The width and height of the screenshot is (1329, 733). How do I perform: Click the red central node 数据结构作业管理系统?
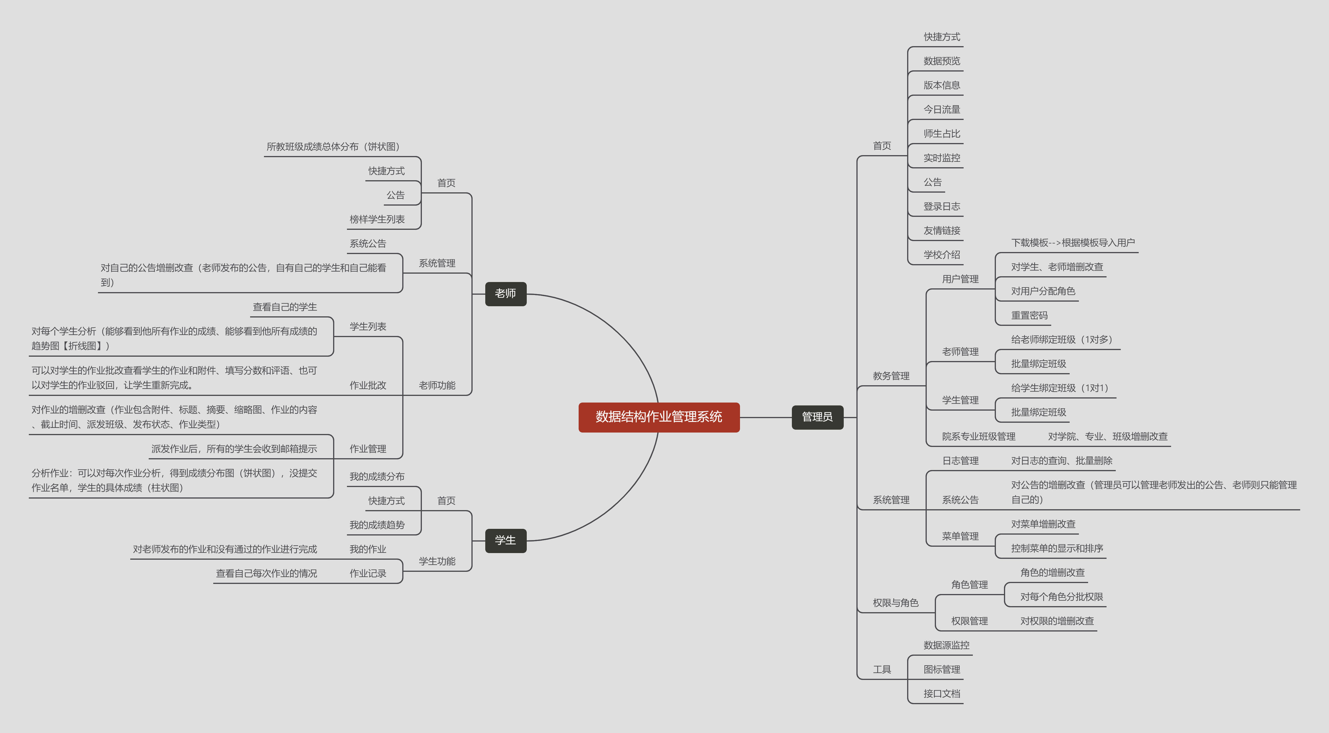pyautogui.click(x=659, y=417)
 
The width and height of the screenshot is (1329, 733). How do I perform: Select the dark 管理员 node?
pyautogui.click(x=817, y=417)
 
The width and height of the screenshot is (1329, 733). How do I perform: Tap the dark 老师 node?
pyautogui.click(x=506, y=294)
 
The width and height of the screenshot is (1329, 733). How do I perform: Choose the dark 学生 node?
pyautogui.click(x=506, y=540)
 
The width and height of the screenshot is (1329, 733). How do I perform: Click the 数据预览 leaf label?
pyautogui.click(x=941, y=61)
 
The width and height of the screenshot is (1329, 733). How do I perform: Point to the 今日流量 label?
pyautogui.click(x=941, y=110)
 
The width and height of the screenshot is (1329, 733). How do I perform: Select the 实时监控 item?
pyautogui.click(x=941, y=158)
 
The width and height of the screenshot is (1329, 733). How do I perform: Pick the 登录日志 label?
pyautogui.click(x=941, y=206)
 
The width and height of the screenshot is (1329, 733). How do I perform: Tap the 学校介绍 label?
pyautogui.click(x=941, y=255)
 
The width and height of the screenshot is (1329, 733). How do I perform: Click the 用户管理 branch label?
pyautogui.click(x=960, y=279)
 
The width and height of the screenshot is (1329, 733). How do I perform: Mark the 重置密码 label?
pyautogui.click(x=1029, y=315)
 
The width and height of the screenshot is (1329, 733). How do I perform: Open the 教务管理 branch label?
pyautogui.click(x=891, y=376)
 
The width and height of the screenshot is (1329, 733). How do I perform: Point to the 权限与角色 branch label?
pyautogui.click(x=896, y=603)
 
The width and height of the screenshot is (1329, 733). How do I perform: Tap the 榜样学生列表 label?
pyautogui.click(x=377, y=219)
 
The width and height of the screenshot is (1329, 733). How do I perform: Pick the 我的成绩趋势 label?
pyautogui.click(x=377, y=525)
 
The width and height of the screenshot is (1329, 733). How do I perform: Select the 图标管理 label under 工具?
pyautogui.click(x=941, y=670)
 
